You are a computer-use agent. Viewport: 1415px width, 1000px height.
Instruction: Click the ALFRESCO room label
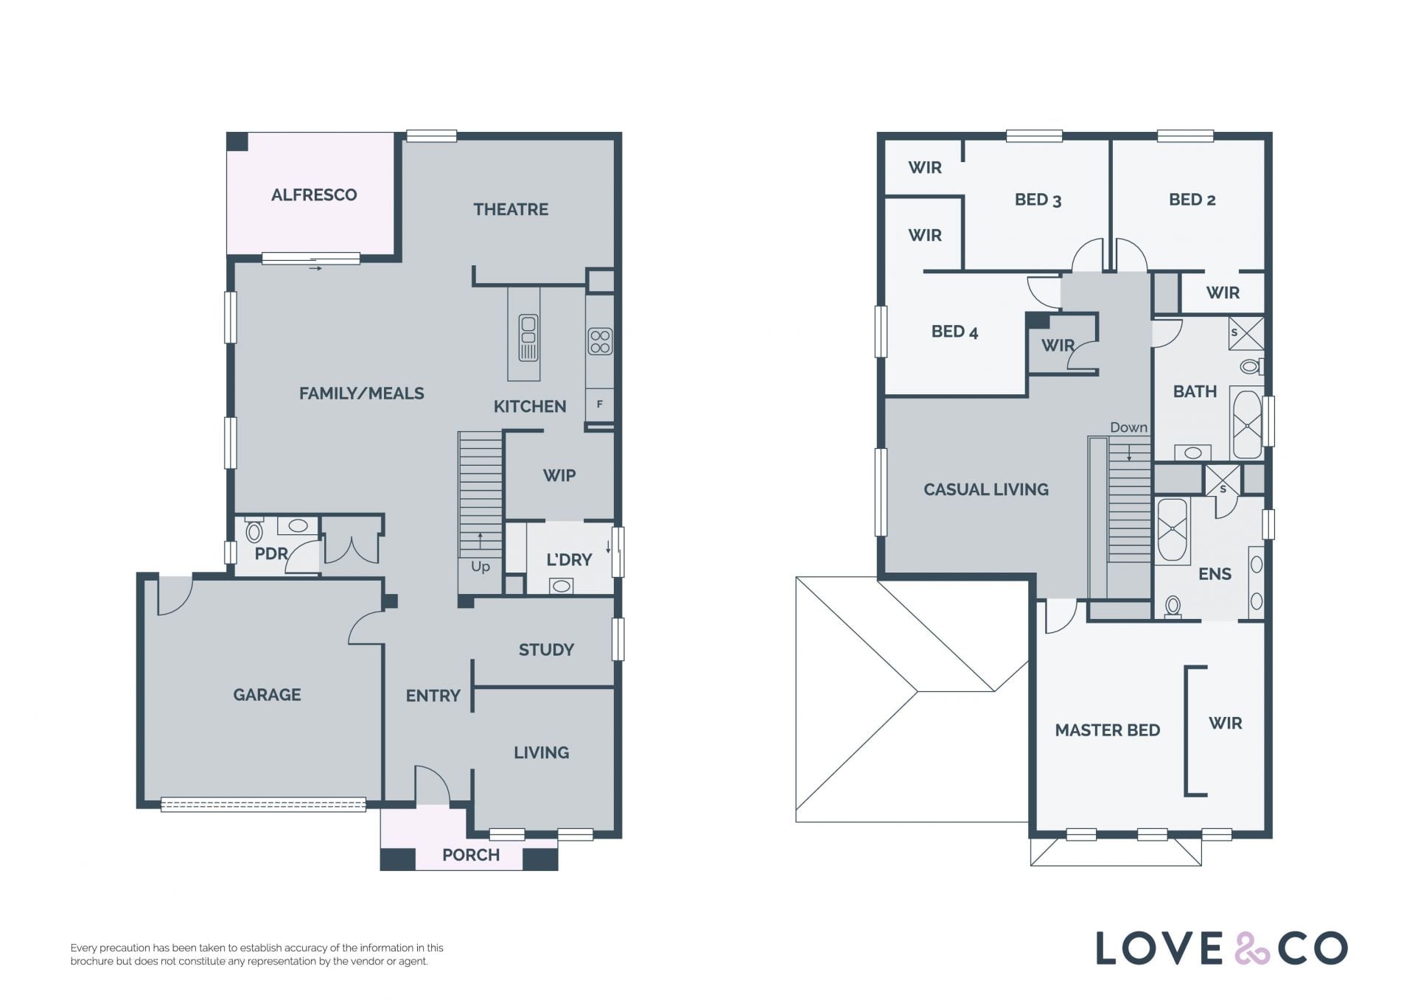pos(314,195)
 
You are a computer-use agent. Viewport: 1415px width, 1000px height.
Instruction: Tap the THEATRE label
pos(511,209)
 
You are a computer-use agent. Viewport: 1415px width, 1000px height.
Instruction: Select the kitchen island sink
pos(528,338)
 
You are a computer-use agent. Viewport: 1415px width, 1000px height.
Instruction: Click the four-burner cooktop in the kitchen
pos(600,342)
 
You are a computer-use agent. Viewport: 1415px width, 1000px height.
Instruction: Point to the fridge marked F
pos(600,404)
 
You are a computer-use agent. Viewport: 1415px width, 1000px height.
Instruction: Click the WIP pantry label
pos(559,475)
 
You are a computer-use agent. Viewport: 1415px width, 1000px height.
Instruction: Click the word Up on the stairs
pos(481,567)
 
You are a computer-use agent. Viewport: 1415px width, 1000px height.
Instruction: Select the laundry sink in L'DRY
pos(562,586)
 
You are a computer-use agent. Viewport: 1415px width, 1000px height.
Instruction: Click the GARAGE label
pos(267,694)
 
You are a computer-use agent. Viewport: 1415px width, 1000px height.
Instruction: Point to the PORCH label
pos(471,855)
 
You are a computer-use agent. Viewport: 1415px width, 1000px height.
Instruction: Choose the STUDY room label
pos(546,649)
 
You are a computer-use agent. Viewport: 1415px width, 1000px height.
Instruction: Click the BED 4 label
pos(954,332)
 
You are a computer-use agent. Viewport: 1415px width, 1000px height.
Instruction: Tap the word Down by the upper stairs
pos(1129,427)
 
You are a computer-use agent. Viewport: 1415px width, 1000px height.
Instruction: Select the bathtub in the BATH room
pos(1247,424)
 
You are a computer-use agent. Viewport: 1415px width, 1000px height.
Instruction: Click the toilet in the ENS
pos(1173,606)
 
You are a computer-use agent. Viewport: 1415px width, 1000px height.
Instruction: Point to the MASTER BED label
pos(1108,730)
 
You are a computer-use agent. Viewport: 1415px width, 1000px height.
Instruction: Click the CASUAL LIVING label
pos(986,489)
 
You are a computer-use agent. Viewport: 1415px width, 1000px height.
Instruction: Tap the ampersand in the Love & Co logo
pos(1251,948)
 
